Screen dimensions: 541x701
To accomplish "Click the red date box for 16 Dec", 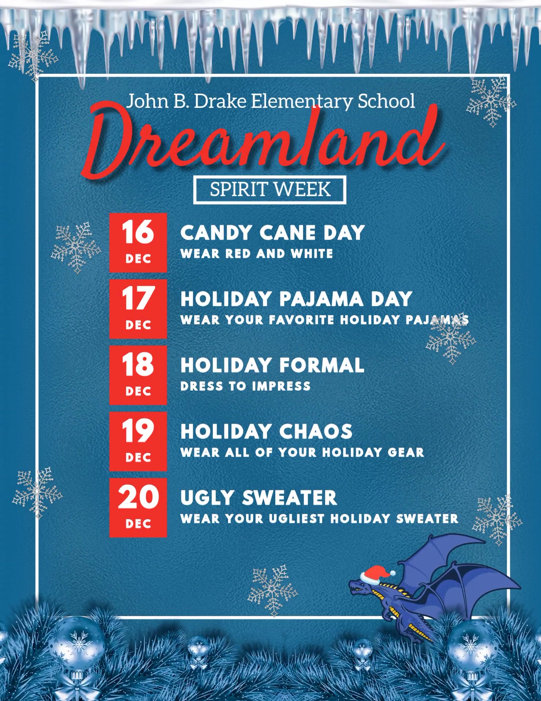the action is click(x=138, y=243).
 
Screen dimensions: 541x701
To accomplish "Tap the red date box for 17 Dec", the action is click(x=138, y=309).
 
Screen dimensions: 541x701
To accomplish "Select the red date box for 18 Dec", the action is click(x=138, y=375).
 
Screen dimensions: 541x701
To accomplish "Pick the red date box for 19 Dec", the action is click(x=138, y=441).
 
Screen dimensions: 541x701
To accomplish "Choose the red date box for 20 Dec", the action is click(x=138, y=507).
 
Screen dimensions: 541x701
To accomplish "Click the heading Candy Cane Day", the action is click(x=273, y=233).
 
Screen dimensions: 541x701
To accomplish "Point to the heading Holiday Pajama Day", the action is click(x=296, y=299).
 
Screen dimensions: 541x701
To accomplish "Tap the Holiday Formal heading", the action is click(x=272, y=365).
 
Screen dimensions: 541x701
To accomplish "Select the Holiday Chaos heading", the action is click(x=266, y=431).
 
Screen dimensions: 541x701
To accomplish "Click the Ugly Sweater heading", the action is click(x=258, y=498).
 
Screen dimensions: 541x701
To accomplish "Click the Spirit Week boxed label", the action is click(x=270, y=190).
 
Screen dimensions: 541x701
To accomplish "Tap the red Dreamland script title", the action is click(x=264, y=141).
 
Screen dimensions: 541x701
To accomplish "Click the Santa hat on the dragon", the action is click(x=377, y=574).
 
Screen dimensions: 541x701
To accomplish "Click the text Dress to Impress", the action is click(x=245, y=386).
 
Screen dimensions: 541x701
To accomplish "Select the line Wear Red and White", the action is click(x=257, y=254).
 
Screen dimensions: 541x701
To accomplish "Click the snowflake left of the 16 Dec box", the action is click(x=76, y=247).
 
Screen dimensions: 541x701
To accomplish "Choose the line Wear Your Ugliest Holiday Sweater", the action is click(x=319, y=518).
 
